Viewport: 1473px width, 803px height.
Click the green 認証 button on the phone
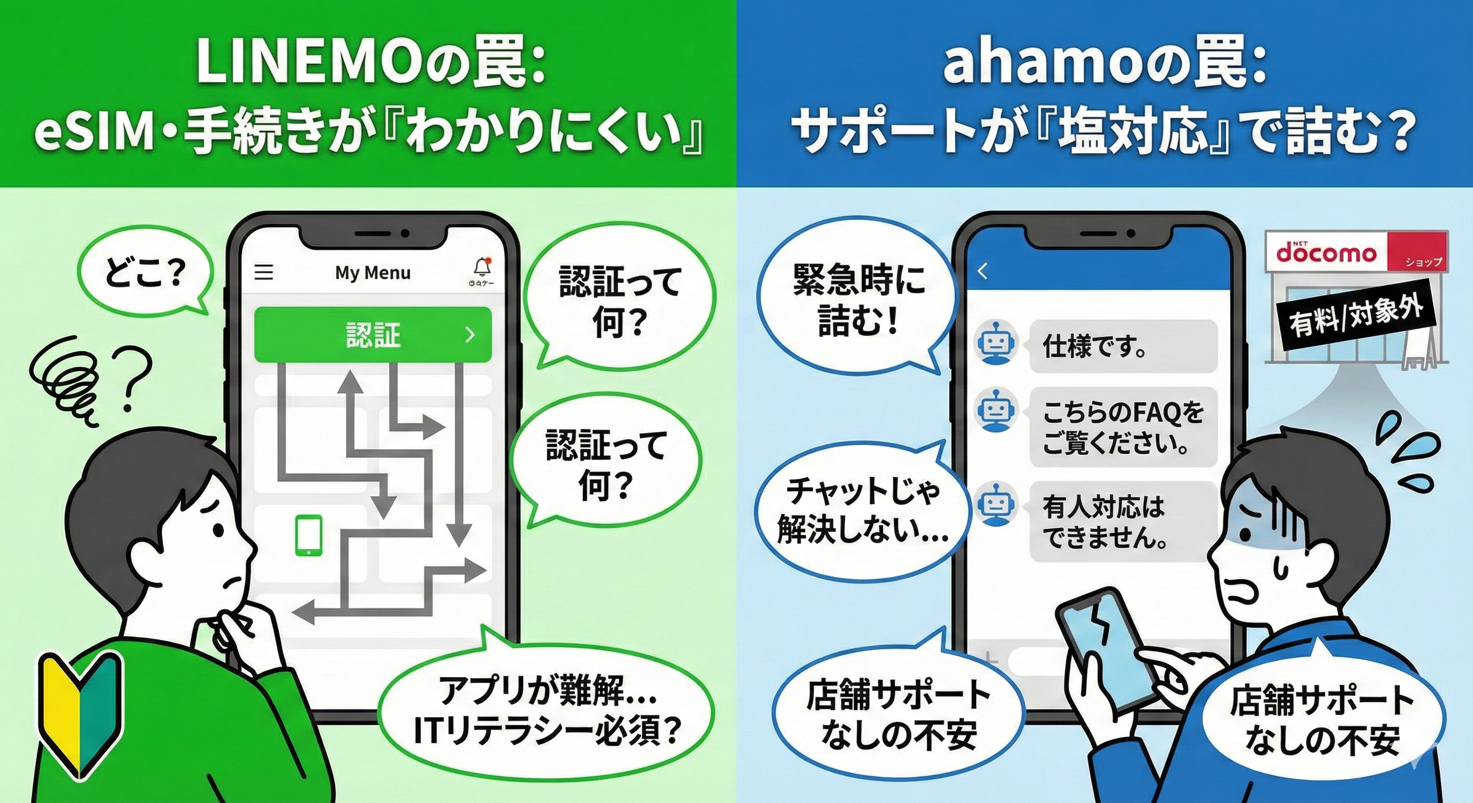tap(373, 335)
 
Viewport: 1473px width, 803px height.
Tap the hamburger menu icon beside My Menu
tap(264, 272)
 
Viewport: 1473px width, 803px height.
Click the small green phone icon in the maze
tap(308, 535)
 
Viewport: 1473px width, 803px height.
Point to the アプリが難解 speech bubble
tap(546, 709)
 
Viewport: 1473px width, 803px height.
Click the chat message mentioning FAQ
tap(1123, 427)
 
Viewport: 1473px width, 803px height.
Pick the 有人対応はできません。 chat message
tap(1123, 522)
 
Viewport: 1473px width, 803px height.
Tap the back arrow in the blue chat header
tap(983, 271)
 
